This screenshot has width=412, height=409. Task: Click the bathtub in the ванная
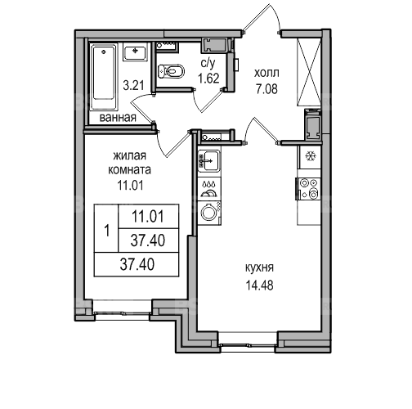(x=105, y=77)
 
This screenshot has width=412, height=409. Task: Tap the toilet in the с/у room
(x=171, y=71)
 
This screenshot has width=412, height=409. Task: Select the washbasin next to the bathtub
(x=135, y=52)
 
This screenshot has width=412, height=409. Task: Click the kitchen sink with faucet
(x=209, y=161)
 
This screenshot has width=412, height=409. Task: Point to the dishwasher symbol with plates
(x=209, y=189)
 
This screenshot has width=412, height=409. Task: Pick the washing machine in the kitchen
(x=209, y=213)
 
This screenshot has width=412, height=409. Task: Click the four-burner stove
(x=309, y=187)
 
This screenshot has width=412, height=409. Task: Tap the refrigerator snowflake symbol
(x=310, y=156)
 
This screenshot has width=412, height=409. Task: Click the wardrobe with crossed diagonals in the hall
(x=309, y=72)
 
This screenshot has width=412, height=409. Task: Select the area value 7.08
(x=266, y=89)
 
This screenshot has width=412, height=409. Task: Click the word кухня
(x=259, y=268)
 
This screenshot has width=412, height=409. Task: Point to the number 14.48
(x=259, y=285)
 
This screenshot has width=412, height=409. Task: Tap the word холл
(x=266, y=73)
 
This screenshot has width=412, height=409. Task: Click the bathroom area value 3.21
(x=133, y=86)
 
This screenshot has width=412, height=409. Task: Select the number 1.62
(x=208, y=79)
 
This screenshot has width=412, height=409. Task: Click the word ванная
(x=118, y=118)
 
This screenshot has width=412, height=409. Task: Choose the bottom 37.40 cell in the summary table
(x=137, y=265)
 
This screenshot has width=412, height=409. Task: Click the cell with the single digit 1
(x=106, y=228)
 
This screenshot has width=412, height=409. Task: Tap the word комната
(x=130, y=170)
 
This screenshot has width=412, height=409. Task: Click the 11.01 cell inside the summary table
(x=149, y=216)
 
